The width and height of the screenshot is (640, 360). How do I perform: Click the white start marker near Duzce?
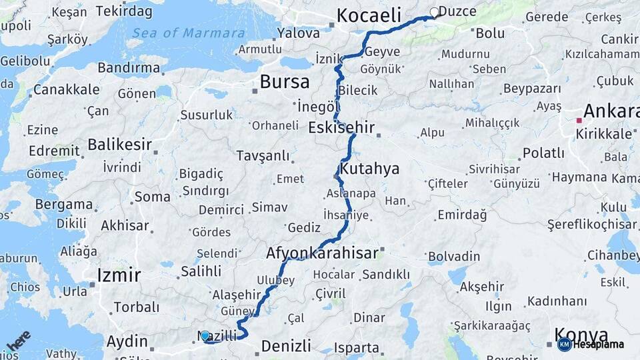click(x=435, y=12)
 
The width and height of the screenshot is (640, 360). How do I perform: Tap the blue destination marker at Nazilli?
click(x=205, y=337)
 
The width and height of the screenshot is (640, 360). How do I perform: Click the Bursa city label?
click(x=285, y=82)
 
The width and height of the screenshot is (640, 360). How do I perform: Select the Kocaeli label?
click(x=369, y=15)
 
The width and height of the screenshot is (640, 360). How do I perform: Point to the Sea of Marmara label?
click(x=188, y=33)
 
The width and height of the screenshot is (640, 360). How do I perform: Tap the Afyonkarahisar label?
click(x=322, y=253)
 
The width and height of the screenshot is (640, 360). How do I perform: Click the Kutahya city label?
click(x=369, y=169)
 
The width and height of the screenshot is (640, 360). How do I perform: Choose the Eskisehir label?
click(x=341, y=127)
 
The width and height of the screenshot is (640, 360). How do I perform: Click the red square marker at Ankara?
click(x=579, y=121)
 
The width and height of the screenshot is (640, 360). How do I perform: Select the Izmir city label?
click(x=119, y=275)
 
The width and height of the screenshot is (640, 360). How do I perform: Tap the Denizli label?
click(x=286, y=346)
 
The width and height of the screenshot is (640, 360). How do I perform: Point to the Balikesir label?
click(x=120, y=145)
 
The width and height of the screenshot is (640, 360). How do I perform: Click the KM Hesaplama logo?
click(x=592, y=344)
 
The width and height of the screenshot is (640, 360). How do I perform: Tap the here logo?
click(x=19, y=341)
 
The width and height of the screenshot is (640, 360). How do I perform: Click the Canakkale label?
click(x=66, y=89)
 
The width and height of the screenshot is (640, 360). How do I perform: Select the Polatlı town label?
click(x=543, y=153)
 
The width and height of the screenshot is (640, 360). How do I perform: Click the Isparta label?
click(x=357, y=347)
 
